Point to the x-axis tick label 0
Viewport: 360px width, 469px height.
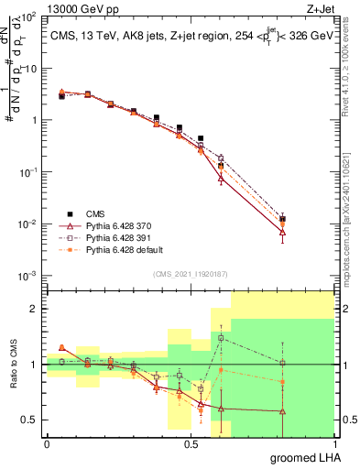47,444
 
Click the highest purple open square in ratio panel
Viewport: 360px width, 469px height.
221,338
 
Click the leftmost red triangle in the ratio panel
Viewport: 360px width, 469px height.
61,347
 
